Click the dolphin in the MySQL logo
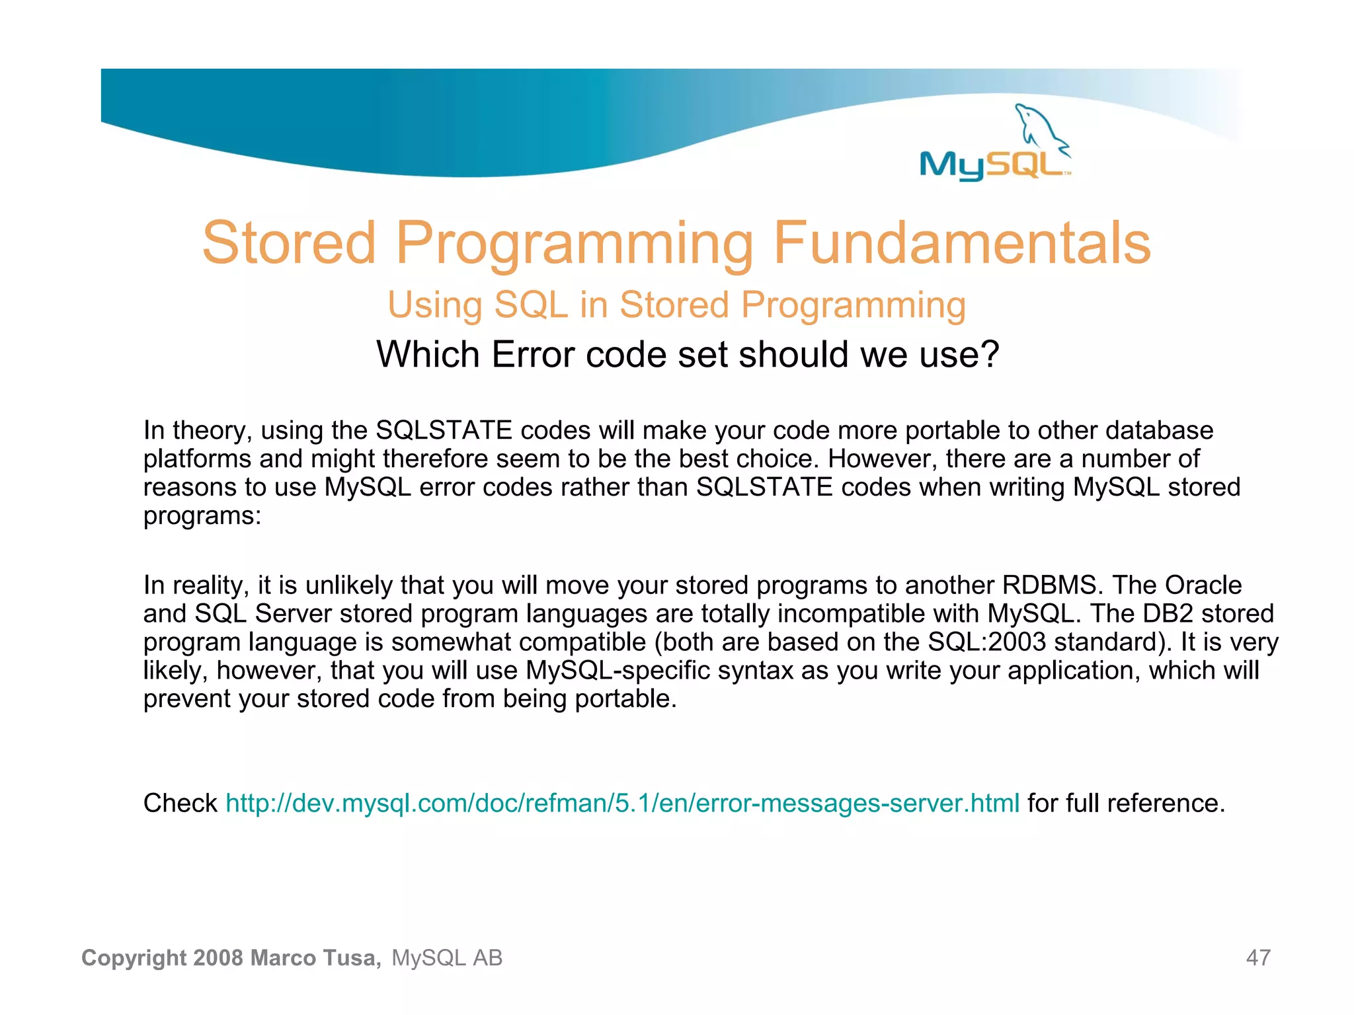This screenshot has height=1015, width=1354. pyautogui.click(x=1039, y=127)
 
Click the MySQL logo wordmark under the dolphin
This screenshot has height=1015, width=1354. pyautogui.click(x=992, y=165)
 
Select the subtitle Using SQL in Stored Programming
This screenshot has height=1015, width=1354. pyautogui.click(x=676, y=305)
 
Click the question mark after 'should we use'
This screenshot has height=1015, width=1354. pyautogui.click(x=989, y=355)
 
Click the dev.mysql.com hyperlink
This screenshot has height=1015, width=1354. pyautogui.click(x=622, y=804)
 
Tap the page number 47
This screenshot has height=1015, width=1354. pyautogui.click(x=1257, y=958)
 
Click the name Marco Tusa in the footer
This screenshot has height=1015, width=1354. pyautogui.click(x=315, y=958)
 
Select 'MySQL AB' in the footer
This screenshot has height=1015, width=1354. pyautogui.click(x=447, y=958)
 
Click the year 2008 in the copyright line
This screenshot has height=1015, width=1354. pyautogui.click(x=218, y=958)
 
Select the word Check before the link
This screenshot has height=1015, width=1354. pyautogui.click(x=180, y=804)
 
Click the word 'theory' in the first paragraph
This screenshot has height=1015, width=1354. pyautogui.click(x=212, y=431)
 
